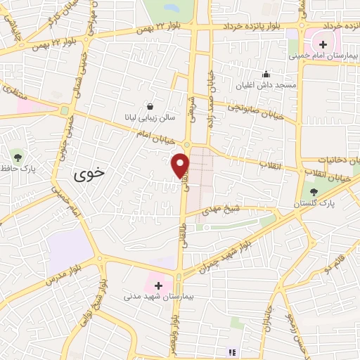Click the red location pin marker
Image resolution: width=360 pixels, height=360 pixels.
coord(181,165)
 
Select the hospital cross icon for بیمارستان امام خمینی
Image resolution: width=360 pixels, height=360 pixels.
coord(323,45)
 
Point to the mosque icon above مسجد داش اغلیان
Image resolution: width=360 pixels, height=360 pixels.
coord(266,74)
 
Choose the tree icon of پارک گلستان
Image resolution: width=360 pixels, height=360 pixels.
coord(314,191)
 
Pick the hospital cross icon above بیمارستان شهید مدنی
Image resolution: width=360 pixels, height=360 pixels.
coord(160,286)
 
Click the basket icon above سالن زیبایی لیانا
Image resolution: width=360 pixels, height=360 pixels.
coord(150,106)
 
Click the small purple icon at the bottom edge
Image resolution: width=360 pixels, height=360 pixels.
coord(234,352)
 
